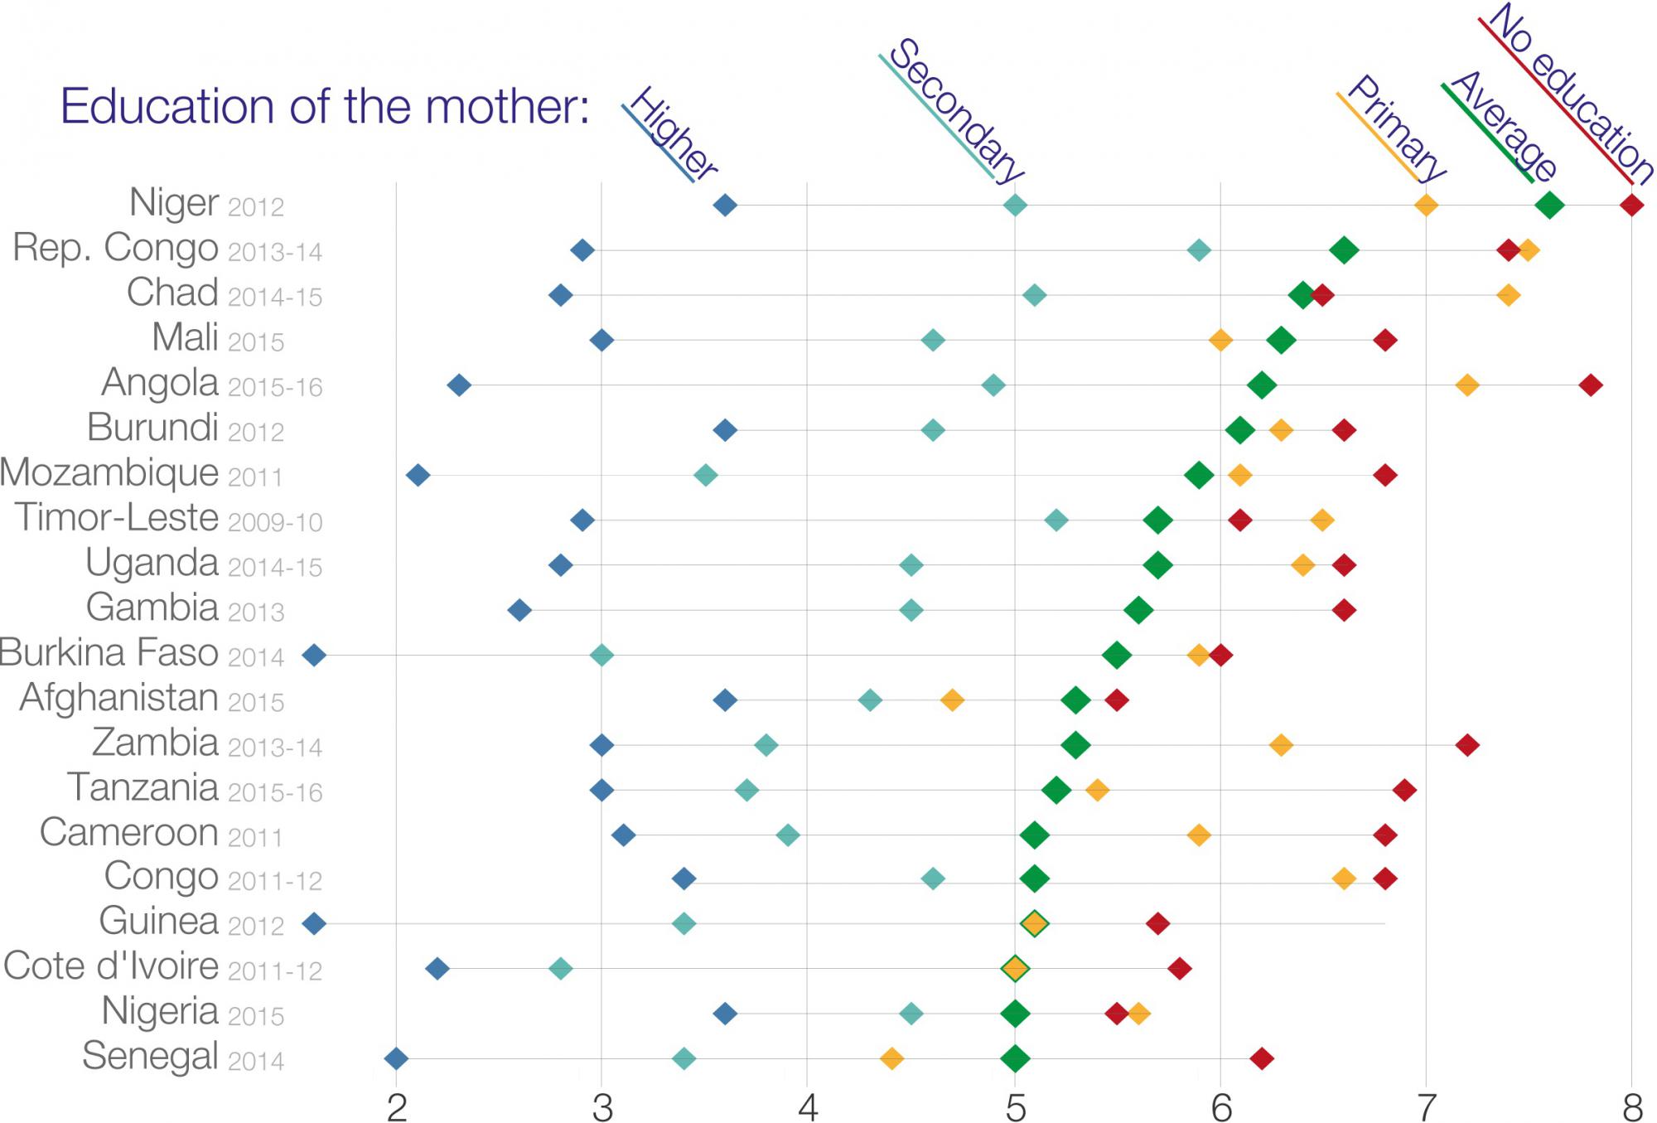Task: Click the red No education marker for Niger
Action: click(x=1631, y=205)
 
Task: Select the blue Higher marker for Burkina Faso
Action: click(x=314, y=656)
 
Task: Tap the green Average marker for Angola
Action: click(x=1262, y=385)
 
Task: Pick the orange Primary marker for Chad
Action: click(x=1509, y=295)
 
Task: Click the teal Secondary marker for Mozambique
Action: click(x=705, y=475)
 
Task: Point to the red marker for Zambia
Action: click(x=1467, y=745)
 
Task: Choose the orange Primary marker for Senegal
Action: click(x=891, y=1058)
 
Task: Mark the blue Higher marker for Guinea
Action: click(x=314, y=923)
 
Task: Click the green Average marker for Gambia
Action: click(x=1138, y=611)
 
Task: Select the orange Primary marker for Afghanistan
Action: click(x=953, y=700)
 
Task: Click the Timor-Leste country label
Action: click(x=117, y=517)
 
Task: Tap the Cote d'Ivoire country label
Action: click(x=111, y=966)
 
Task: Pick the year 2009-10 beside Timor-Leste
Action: click(x=275, y=522)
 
